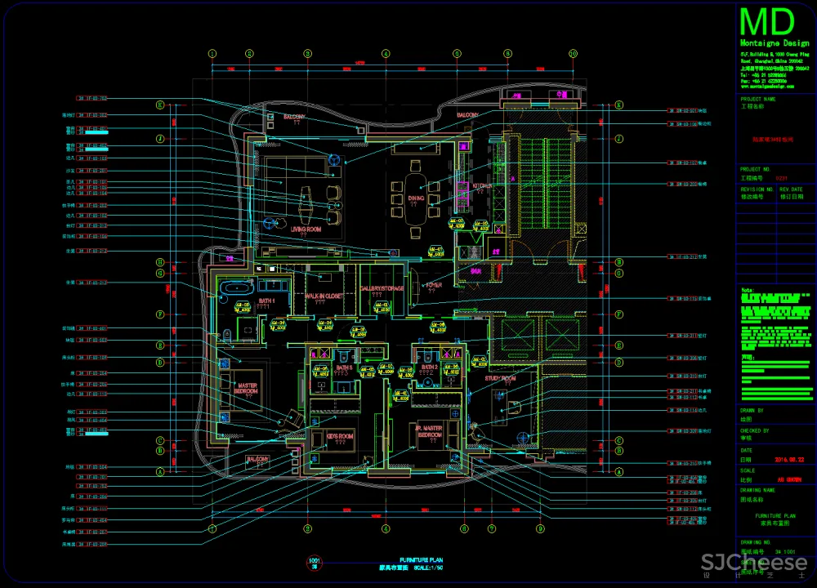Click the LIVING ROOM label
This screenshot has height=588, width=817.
tap(307, 229)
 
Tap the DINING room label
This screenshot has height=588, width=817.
tap(417, 198)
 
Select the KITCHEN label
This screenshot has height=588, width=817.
tap(482, 186)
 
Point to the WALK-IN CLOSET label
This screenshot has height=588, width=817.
tap(324, 296)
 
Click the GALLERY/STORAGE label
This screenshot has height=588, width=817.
tap(382, 289)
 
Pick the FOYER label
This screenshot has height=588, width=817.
tap(433, 285)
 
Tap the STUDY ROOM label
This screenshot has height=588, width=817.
tap(500, 378)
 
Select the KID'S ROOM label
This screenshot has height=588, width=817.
tap(340, 437)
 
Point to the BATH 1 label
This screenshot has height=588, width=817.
tap(267, 301)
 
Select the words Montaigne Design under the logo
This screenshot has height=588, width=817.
tap(774, 42)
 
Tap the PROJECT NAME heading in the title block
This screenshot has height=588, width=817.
tap(757, 100)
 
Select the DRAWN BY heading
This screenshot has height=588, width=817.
tap(752, 411)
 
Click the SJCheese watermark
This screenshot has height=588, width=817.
tap(753, 563)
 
